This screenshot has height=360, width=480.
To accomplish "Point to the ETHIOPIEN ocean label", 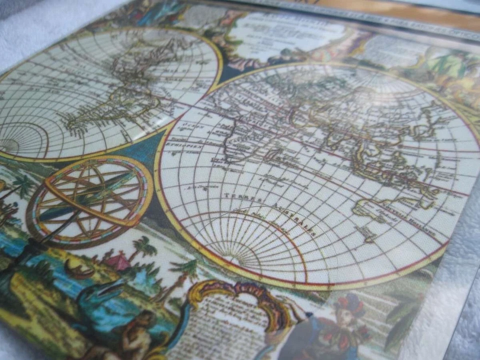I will pos(187,147).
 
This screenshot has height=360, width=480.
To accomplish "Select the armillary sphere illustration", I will pos(90,200).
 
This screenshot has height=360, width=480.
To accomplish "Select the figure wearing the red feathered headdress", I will pos(345,320).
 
